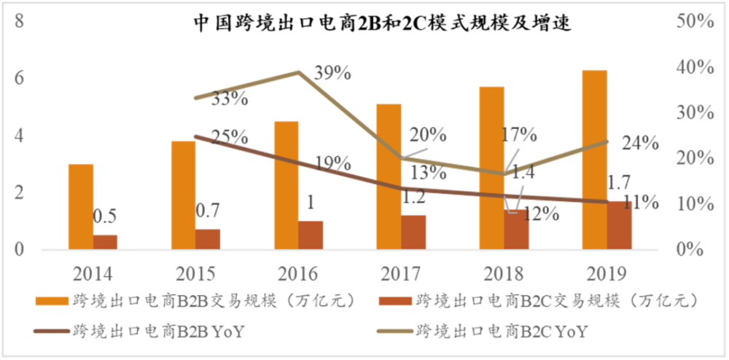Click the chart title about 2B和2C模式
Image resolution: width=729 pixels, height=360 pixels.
tap(381, 23)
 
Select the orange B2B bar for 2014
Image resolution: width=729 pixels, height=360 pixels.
tap(81, 207)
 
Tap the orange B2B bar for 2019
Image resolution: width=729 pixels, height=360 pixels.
tap(595, 160)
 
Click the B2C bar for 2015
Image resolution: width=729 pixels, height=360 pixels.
tap(208, 239)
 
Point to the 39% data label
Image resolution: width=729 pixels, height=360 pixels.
tap(333, 73)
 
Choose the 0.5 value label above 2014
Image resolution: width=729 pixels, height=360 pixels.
tap(105, 216)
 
